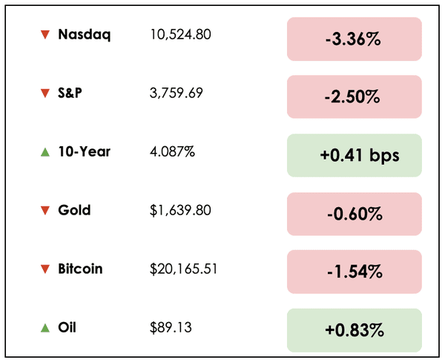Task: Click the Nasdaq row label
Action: tap(84, 34)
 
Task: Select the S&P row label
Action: tap(72, 93)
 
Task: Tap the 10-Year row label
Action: tap(84, 151)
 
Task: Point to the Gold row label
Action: tap(74, 210)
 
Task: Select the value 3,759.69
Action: tap(175, 93)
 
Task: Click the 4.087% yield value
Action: tap(172, 151)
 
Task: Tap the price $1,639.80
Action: tap(180, 210)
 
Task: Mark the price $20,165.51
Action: tap(183, 269)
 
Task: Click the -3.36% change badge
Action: tap(354, 39)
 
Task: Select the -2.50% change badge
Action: tap(354, 97)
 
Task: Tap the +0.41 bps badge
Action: tap(354, 156)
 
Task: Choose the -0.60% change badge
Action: tap(354, 215)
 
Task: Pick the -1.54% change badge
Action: tap(354, 272)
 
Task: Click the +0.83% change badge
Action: tap(354, 331)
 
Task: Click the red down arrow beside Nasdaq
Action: tap(45, 34)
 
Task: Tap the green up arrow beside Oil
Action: tap(45, 327)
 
